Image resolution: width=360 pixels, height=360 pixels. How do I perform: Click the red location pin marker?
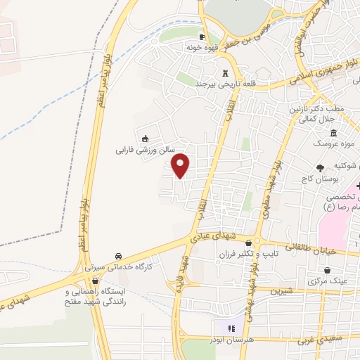[x=181, y=165]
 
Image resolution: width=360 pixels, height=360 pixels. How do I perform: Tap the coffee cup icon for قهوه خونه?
[x=202, y=37]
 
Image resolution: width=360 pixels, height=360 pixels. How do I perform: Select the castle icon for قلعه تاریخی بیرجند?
[x=226, y=74]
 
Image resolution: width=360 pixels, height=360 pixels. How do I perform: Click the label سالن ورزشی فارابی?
[x=144, y=150]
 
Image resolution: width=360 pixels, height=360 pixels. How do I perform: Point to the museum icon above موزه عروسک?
[x=333, y=134]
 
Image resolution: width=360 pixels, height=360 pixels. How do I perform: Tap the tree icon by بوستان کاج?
[x=320, y=167]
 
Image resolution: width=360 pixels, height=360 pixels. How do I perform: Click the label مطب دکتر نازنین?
[x=316, y=110]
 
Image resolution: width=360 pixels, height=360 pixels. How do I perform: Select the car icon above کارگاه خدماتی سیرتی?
[x=118, y=257]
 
